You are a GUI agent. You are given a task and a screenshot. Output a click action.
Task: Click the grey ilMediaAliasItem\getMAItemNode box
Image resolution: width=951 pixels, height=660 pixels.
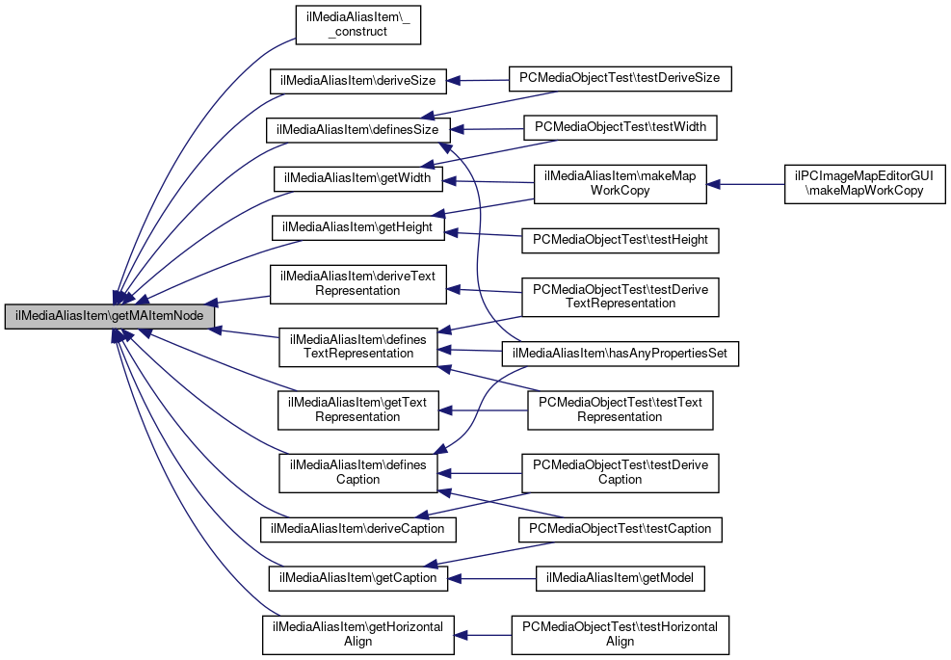[x=109, y=316]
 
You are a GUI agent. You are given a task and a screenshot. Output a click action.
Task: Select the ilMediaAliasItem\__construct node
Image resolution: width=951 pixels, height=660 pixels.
[x=358, y=23]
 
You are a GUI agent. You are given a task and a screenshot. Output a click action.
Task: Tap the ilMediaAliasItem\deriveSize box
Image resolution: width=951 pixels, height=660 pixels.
[x=357, y=81]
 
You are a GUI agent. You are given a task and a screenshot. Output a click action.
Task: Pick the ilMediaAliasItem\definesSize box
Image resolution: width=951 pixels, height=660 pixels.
[x=357, y=129]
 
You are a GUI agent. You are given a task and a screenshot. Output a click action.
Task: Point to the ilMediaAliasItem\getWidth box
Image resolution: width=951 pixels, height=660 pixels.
[x=357, y=178]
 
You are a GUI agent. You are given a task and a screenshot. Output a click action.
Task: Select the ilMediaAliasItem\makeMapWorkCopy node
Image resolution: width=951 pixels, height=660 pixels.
[x=621, y=183]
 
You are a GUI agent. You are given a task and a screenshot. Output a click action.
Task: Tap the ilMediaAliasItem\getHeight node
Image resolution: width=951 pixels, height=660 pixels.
[x=357, y=227]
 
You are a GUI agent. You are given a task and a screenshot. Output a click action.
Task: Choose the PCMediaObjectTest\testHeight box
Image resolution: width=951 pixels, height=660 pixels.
[x=621, y=238]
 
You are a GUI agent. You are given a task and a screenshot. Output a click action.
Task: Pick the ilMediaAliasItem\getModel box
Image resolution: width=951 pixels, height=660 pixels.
[x=621, y=578]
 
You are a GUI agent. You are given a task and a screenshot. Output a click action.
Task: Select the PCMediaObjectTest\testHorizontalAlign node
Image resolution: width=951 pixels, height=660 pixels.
[x=621, y=634]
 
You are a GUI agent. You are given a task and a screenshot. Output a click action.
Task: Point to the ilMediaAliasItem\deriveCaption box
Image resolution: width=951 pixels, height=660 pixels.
[x=357, y=529]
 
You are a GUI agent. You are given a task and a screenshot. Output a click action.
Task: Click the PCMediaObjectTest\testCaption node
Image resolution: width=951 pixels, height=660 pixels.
[x=621, y=528]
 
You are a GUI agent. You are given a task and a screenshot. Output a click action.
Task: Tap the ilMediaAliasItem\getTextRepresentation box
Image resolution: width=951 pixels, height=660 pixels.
[x=357, y=409]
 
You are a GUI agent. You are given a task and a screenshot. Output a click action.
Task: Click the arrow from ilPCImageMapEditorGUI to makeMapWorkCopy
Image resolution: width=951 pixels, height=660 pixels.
[x=747, y=183]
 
